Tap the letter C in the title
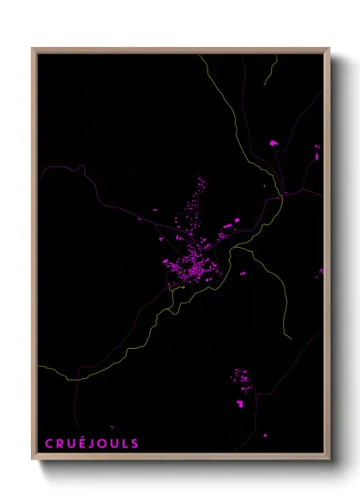click(48, 443)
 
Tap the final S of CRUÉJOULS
click(135, 443)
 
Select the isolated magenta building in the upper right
click(274, 142)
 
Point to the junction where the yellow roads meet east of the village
click(281, 196)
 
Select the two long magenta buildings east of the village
click(230, 225)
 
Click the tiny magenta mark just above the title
click(112, 426)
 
